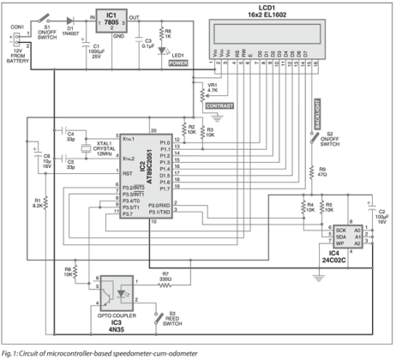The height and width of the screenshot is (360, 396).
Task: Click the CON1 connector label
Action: click(16, 27)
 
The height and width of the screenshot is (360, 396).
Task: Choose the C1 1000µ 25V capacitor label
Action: click(102, 52)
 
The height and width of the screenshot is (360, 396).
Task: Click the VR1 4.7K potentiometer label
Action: click(213, 88)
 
